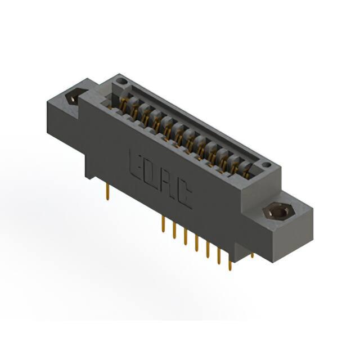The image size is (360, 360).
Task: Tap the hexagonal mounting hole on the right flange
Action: point(278,213)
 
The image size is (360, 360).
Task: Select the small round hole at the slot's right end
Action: point(267,165)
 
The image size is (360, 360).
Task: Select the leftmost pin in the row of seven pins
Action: point(163,224)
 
